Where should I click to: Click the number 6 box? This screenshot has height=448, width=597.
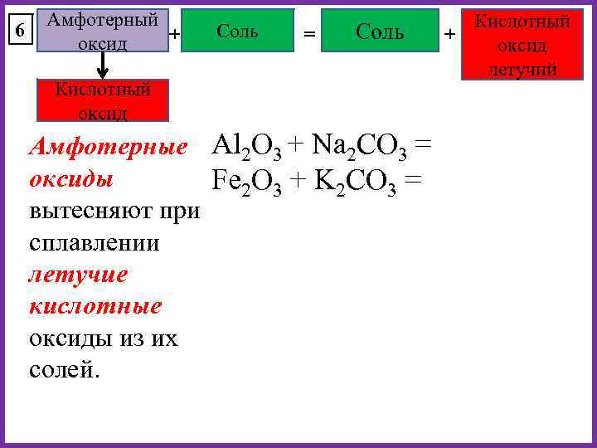tap(22, 31)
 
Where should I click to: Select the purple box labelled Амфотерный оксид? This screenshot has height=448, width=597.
tap(102, 32)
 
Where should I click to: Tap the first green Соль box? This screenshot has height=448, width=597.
tap(237, 32)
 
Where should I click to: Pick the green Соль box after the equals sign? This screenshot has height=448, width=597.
tap(380, 32)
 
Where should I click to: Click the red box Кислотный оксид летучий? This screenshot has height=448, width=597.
tap(522, 46)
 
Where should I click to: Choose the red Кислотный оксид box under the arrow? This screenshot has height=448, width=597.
tap(102, 100)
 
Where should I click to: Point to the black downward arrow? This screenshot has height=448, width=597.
tap(102, 68)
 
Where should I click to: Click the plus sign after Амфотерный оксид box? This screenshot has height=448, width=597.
tap(174, 34)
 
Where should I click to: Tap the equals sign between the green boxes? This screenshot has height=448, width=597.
tap(308, 34)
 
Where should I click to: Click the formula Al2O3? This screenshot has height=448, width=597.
tap(247, 147)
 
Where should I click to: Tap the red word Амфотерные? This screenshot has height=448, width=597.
tap(108, 148)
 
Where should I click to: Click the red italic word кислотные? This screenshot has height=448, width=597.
tap(95, 306)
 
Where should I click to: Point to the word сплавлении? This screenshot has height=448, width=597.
tap(94, 243)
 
